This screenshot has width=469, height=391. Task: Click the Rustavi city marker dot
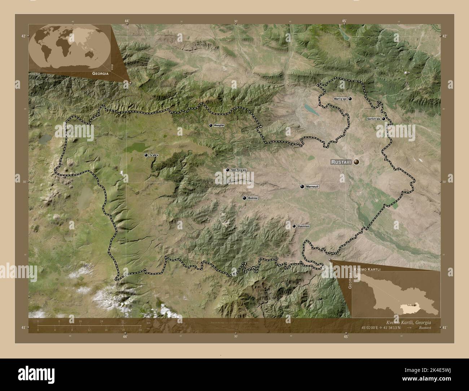pyautogui.click(x=356, y=162)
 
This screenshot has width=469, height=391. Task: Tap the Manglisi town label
pyautogui.click(x=219, y=126)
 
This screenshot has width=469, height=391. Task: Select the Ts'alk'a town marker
pyautogui.click(x=146, y=155)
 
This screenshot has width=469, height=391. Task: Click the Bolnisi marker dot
pyautogui.click(x=244, y=198)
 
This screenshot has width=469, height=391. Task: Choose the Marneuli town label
pyautogui.click(x=312, y=187)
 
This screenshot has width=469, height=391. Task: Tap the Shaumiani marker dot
pyautogui.click(x=294, y=226)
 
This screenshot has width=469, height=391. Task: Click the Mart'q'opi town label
pyautogui.click(x=340, y=98)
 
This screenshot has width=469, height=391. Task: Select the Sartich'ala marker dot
pyautogui.click(x=383, y=119)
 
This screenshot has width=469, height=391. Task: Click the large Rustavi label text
pyautogui.click(x=341, y=162)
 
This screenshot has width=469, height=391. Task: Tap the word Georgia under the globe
pyautogui.click(x=100, y=73)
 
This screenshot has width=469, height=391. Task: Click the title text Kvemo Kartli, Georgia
pyautogui.click(x=403, y=322)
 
